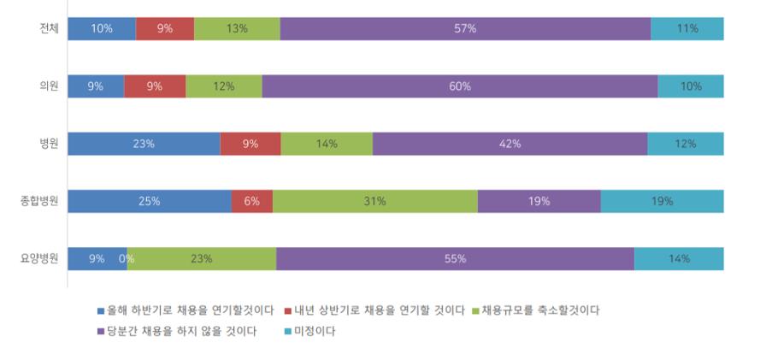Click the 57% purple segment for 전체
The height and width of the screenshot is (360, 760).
[x=465, y=28]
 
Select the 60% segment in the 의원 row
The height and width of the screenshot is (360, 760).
[x=460, y=86]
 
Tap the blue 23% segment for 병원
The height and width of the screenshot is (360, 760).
[x=144, y=144]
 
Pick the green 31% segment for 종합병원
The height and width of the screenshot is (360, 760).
[x=374, y=202]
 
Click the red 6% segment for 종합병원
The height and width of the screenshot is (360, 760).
[x=251, y=202]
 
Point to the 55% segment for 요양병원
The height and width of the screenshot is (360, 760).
[x=455, y=259]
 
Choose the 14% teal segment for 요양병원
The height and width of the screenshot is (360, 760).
[x=679, y=259]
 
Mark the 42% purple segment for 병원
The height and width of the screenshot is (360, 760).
[x=510, y=144]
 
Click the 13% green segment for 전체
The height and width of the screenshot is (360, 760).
[x=237, y=28]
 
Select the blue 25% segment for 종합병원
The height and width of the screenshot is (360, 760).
[x=150, y=202]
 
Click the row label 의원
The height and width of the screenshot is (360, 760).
[x=47, y=86]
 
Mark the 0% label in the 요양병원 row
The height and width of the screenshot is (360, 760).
[x=126, y=259]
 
